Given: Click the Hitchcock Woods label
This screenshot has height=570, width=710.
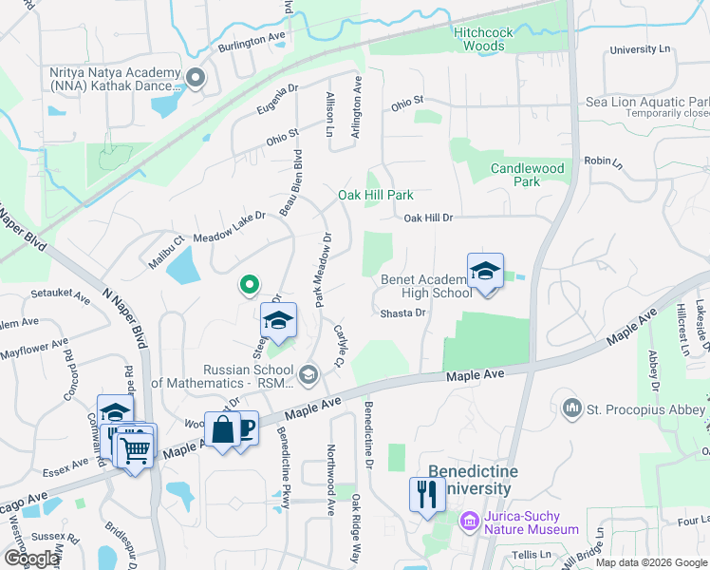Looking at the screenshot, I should point(483,39).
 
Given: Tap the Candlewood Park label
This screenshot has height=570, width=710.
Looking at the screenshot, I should point(527,175).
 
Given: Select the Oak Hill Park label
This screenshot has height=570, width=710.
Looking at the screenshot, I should point(376,195).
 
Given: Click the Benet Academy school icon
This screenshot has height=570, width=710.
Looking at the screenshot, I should point(485,272).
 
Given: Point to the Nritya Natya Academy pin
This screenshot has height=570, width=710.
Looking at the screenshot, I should point(196,79).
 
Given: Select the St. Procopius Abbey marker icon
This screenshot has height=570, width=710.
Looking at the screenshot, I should point(571,408).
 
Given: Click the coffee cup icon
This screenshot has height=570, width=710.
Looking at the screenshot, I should point(244,428).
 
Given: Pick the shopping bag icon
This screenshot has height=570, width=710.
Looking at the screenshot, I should point(222,429).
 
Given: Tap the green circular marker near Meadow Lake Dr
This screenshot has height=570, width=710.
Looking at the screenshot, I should point(249,283).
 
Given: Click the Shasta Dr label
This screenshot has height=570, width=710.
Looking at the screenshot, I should point(402,313).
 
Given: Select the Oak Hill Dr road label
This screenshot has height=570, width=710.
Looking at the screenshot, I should point(428,218).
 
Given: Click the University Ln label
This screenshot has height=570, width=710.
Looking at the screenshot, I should point(641,49).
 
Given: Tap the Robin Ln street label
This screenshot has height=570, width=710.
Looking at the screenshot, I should point(603,162).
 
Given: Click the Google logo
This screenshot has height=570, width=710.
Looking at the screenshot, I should point(32,558).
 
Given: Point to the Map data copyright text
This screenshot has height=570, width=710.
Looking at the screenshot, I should point(650,562).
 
